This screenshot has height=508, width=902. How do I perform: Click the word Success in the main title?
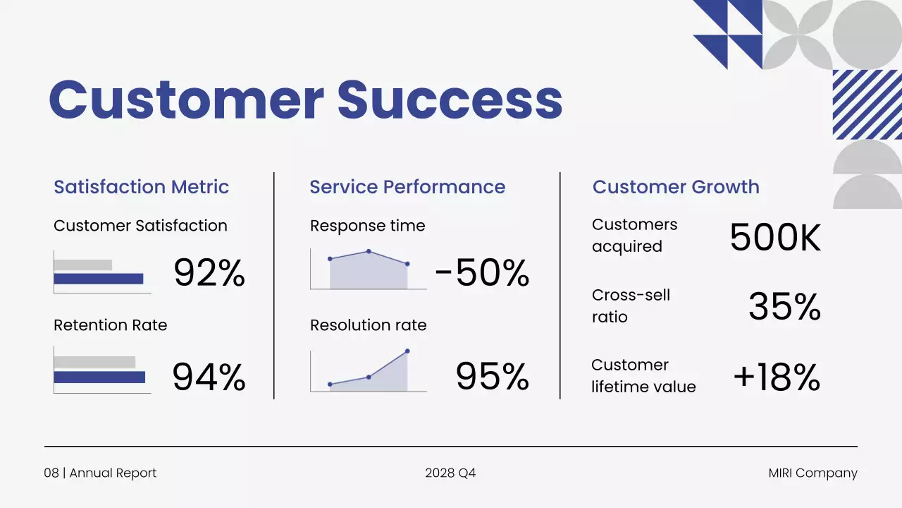tap(450, 99)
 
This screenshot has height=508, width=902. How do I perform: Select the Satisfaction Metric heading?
tap(142, 187)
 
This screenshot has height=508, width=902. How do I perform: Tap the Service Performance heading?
tap(407, 187)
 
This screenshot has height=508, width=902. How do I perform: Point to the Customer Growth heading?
tap(676, 187)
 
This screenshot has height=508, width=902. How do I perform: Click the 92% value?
tap(209, 273)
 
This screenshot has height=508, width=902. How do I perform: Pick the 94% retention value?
tap(209, 377)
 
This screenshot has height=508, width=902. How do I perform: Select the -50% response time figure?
tap(482, 273)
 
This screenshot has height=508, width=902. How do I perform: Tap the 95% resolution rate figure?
tap(492, 377)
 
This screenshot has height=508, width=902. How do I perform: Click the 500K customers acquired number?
tap(775, 238)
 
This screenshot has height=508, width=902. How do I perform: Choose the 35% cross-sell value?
tap(784, 307)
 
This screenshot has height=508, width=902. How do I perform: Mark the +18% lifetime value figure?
tap(777, 377)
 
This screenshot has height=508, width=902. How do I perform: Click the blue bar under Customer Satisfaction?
tap(99, 279)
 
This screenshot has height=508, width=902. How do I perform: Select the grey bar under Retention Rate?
tap(94, 362)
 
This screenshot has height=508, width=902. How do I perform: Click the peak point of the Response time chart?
tap(369, 251)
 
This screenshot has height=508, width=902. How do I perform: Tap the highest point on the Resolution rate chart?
tap(407, 351)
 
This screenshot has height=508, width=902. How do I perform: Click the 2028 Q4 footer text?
tap(450, 473)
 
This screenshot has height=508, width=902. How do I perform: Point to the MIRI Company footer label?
tap(813, 473)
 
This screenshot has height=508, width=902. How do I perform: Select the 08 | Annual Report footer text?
tap(100, 473)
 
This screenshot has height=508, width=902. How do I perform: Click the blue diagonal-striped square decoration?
tap(867, 104)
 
